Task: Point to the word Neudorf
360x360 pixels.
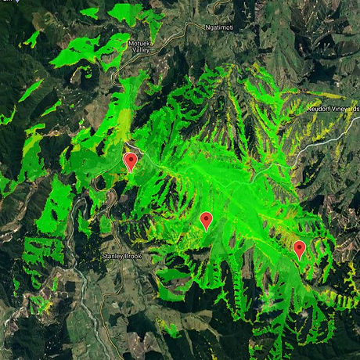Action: tap(319, 109)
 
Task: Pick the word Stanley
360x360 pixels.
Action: tap(113, 256)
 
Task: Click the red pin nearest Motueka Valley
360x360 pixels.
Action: tap(131, 161)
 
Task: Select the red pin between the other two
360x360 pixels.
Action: tap(206, 220)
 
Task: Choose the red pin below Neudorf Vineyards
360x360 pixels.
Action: tap(299, 249)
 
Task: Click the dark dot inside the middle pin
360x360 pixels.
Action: tap(206, 218)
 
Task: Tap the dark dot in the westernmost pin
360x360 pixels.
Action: tap(131, 159)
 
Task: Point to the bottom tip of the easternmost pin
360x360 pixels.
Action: tap(299, 259)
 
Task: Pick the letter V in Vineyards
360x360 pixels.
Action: tap(334, 109)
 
